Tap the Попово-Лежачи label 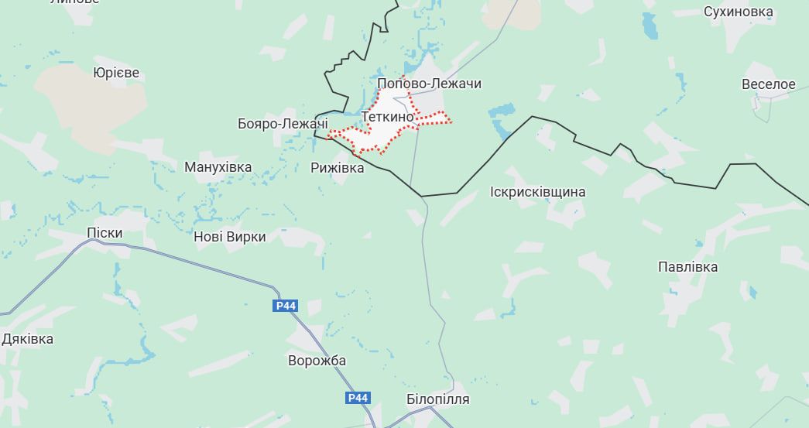429,84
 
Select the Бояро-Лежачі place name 283,124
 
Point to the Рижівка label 337,167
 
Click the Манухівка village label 218,167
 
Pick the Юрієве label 116,73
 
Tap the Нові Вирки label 229,237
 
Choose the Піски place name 105,233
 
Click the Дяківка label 28,339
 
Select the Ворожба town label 317,361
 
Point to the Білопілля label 437,399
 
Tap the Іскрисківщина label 538,192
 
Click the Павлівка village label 687,267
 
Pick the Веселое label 768,84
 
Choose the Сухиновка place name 738,12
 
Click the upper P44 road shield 286,306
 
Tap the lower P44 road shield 358,398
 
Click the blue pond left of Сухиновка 650,27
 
